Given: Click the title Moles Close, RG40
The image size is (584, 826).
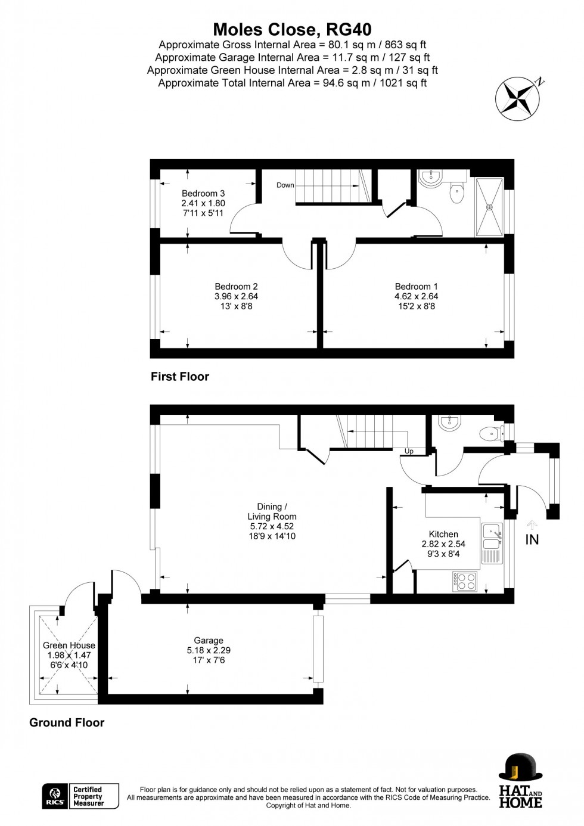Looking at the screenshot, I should click(x=292, y=29).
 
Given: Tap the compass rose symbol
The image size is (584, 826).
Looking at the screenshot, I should click(x=519, y=99).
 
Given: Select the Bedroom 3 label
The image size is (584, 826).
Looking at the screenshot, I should click(x=203, y=194).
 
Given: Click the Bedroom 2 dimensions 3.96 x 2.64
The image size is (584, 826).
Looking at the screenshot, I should click(x=236, y=296).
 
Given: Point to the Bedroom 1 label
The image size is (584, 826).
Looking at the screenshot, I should click(x=416, y=287).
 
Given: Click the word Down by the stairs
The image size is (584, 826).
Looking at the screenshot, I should click(x=285, y=185).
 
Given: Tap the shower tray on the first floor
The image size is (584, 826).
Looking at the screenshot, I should click(x=490, y=207).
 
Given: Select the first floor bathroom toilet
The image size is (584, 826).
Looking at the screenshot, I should click(x=457, y=192).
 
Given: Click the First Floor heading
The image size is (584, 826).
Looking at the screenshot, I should click(x=180, y=377).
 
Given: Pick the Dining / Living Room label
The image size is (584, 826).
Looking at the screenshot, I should click(x=272, y=511).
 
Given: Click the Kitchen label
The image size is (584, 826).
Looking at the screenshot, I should click(x=443, y=534).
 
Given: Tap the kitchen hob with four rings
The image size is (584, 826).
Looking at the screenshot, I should click(x=465, y=581).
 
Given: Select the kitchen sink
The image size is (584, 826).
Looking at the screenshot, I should click(x=492, y=536).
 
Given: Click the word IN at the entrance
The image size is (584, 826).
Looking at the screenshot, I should click(x=532, y=539).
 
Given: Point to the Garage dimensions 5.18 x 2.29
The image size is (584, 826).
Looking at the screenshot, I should click(x=209, y=651).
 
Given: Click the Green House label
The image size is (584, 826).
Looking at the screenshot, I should click(x=69, y=645).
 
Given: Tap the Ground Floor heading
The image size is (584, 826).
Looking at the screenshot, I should click(x=67, y=723).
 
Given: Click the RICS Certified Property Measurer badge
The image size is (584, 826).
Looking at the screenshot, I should click(x=80, y=796).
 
